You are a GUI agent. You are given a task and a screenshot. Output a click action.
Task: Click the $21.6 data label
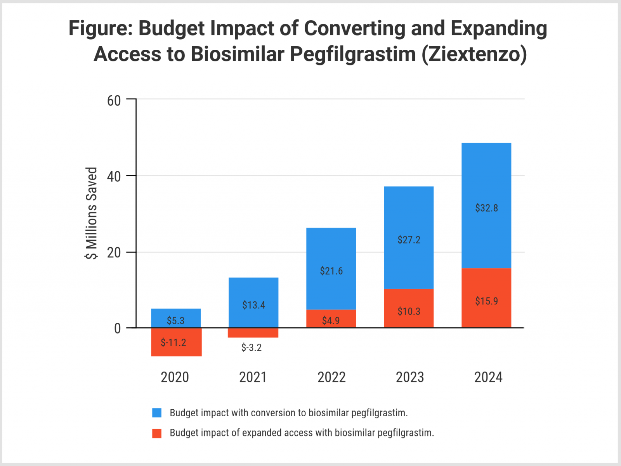331,271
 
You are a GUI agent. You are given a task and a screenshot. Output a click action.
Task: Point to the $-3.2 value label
252,348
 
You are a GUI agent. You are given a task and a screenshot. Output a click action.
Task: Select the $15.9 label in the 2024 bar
486,301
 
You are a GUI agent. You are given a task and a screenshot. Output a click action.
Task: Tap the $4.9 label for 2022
331,320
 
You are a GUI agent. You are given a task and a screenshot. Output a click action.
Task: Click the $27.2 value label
409,240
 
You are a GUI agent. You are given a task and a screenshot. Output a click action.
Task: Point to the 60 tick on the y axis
114,101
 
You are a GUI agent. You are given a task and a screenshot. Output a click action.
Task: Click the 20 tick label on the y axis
114,253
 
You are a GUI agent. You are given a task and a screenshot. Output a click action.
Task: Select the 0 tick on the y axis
117,329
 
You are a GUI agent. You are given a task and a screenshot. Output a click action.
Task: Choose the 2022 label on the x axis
331,377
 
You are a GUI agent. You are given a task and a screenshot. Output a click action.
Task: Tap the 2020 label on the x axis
175,377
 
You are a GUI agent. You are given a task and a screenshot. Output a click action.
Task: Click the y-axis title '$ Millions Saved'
91,213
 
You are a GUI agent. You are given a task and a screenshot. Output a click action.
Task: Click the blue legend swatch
157,413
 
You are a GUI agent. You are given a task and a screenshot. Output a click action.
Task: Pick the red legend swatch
157,433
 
